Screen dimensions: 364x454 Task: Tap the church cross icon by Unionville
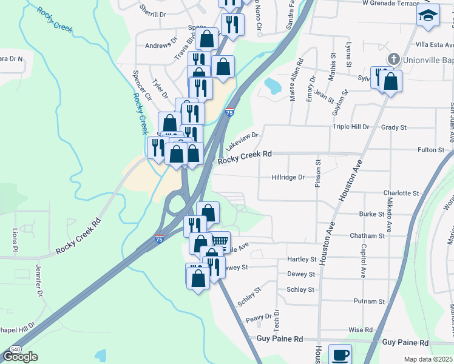coord(394,59)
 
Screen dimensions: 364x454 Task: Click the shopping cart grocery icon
coord(220,241)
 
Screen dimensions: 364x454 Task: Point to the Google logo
coord(20,357)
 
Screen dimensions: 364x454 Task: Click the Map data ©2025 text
coord(429,360)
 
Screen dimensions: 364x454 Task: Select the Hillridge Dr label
coord(288,177)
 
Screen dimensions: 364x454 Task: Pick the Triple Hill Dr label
coord(350,127)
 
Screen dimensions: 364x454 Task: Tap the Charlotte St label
coord(401,193)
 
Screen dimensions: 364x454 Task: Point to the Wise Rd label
coord(361,329)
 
